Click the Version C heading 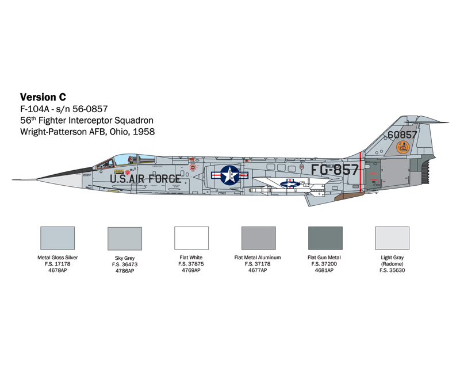[x=43, y=97]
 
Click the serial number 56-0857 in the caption [x=90, y=109]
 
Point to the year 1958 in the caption [x=143, y=132]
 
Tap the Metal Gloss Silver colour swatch [x=57, y=238]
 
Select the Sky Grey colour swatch [x=125, y=239]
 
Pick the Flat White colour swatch [x=191, y=238]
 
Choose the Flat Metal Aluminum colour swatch [x=258, y=238]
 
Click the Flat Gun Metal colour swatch [x=325, y=238]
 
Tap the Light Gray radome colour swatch [x=392, y=238]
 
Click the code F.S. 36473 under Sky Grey [x=125, y=264]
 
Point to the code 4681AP [x=324, y=270]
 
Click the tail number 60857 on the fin [x=402, y=135]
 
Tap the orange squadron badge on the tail [x=403, y=147]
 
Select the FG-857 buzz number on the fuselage [x=335, y=170]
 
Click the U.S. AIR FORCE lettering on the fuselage [x=145, y=178]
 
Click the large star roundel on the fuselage [x=229, y=175]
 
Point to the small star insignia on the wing [x=290, y=184]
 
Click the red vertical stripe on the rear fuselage [x=361, y=172]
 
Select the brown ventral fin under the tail [x=349, y=196]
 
